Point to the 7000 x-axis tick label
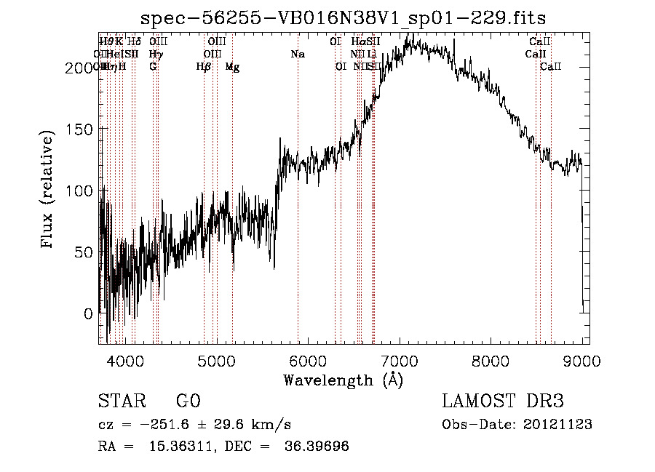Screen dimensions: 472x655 pos(398,361)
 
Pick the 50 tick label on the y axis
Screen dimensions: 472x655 pos(84,252)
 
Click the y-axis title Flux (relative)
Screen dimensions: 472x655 pos(49,191)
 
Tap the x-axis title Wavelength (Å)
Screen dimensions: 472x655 pos(343,380)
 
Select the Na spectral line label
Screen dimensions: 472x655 pos(297,54)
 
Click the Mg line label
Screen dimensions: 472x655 pos(232,67)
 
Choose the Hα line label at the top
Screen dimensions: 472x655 pos(357,41)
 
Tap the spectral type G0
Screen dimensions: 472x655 pos(188,401)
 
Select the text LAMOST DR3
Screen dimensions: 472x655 pos(502,401)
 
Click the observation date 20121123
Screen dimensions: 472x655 pos(558,424)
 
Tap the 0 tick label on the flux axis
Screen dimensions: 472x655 pos(88,314)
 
